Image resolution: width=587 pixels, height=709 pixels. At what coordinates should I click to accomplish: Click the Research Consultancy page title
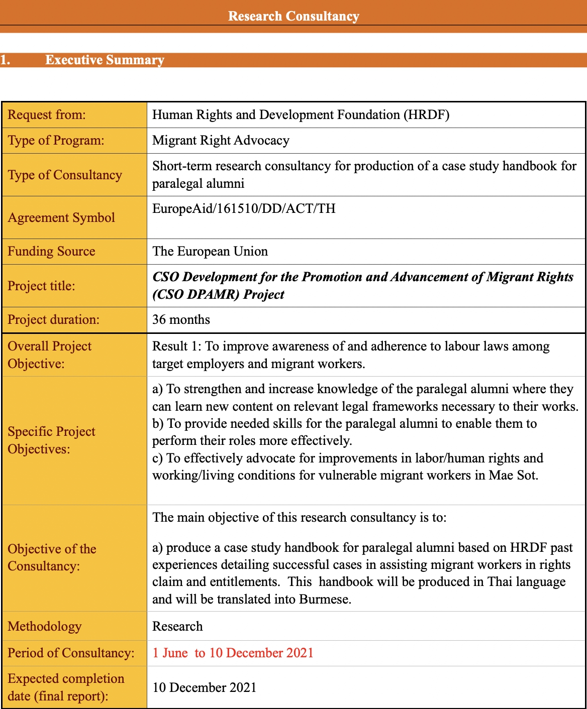[x=293, y=16]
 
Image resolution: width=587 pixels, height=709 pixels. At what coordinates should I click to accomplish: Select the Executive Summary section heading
[x=105, y=60]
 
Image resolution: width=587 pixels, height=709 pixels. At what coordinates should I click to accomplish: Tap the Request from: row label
[x=47, y=115]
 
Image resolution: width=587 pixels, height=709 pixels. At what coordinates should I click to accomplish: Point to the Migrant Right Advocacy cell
[x=221, y=141]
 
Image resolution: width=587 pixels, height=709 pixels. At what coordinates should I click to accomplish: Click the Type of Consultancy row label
[x=65, y=175]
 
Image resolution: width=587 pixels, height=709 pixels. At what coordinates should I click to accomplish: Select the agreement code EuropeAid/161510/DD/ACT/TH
[x=244, y=208]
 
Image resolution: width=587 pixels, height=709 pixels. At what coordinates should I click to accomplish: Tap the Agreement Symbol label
[x=61, y=217]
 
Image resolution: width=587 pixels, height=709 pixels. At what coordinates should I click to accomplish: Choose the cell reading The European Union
[x=210, y=251]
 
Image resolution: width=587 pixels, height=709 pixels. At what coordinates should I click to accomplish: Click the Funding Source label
[x=51, y=251]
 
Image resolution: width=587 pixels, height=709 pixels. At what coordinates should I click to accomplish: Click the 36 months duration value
[x=181, y=320]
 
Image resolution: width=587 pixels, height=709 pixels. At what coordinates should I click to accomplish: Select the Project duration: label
[x=54, y=320]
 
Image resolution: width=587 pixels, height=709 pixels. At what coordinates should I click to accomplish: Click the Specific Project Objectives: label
[x=51, y=440]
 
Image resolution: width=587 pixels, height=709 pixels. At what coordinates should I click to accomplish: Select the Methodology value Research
[x=177, y=626]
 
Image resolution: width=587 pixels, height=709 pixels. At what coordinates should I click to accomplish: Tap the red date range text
[x=233, y=653]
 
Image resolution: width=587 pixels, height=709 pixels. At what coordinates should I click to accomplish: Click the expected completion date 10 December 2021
[x=205, y=687]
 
